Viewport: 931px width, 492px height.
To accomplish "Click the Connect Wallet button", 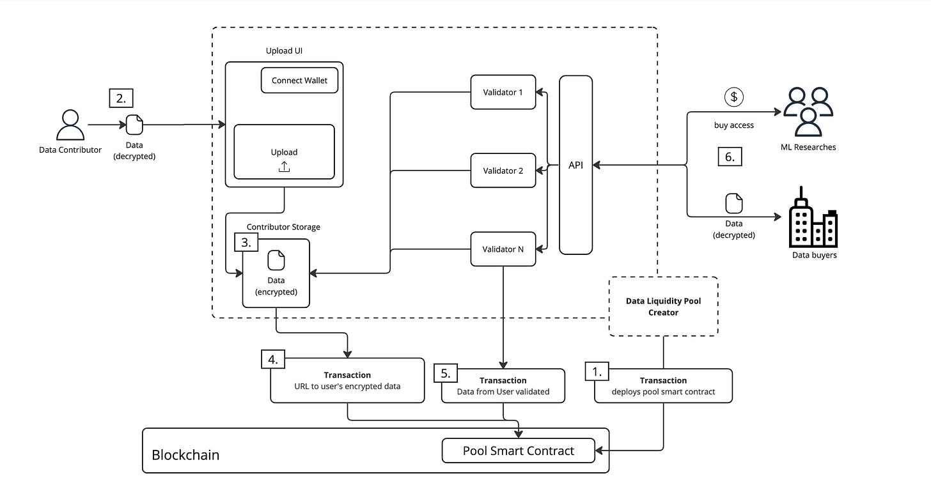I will point(299,80).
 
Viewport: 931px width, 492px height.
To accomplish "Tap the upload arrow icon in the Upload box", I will point(284,167).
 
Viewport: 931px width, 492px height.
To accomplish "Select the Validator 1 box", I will point(503,92).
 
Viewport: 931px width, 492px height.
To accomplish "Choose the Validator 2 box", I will point(503,171).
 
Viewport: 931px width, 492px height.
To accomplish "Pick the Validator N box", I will point(503,249).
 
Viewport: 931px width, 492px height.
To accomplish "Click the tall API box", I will point(575,165).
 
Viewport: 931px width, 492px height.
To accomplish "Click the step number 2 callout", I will point(121,99).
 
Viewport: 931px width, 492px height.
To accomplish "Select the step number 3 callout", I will point(246,243).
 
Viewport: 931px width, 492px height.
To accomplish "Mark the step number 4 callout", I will point(273,360).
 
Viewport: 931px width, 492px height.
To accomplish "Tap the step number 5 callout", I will point(445,373).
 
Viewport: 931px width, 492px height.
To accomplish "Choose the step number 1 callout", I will point(597,371).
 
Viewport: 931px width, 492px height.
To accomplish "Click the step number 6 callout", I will point(729,157).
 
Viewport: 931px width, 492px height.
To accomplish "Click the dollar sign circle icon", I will point(733,97).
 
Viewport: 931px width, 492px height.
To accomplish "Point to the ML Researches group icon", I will point(808,112).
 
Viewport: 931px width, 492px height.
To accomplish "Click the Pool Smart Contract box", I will point(518,451).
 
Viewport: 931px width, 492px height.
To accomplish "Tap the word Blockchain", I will point(185,455).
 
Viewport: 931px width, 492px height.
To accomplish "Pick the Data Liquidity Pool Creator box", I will point(662,307).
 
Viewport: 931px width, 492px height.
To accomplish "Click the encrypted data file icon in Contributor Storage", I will point(276,261).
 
